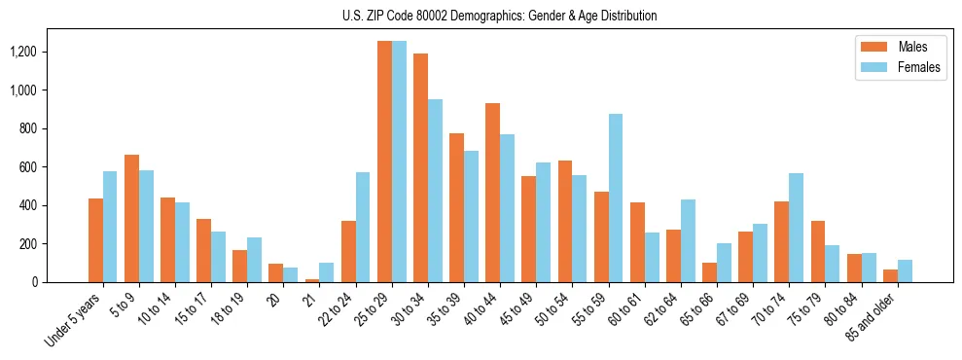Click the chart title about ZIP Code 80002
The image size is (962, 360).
[x=500, y=16]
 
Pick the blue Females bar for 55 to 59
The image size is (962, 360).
[x=616, y=198]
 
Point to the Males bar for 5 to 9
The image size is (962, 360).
[x=131, y=219]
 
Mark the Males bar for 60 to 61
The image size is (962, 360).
[x=637, y=242]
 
